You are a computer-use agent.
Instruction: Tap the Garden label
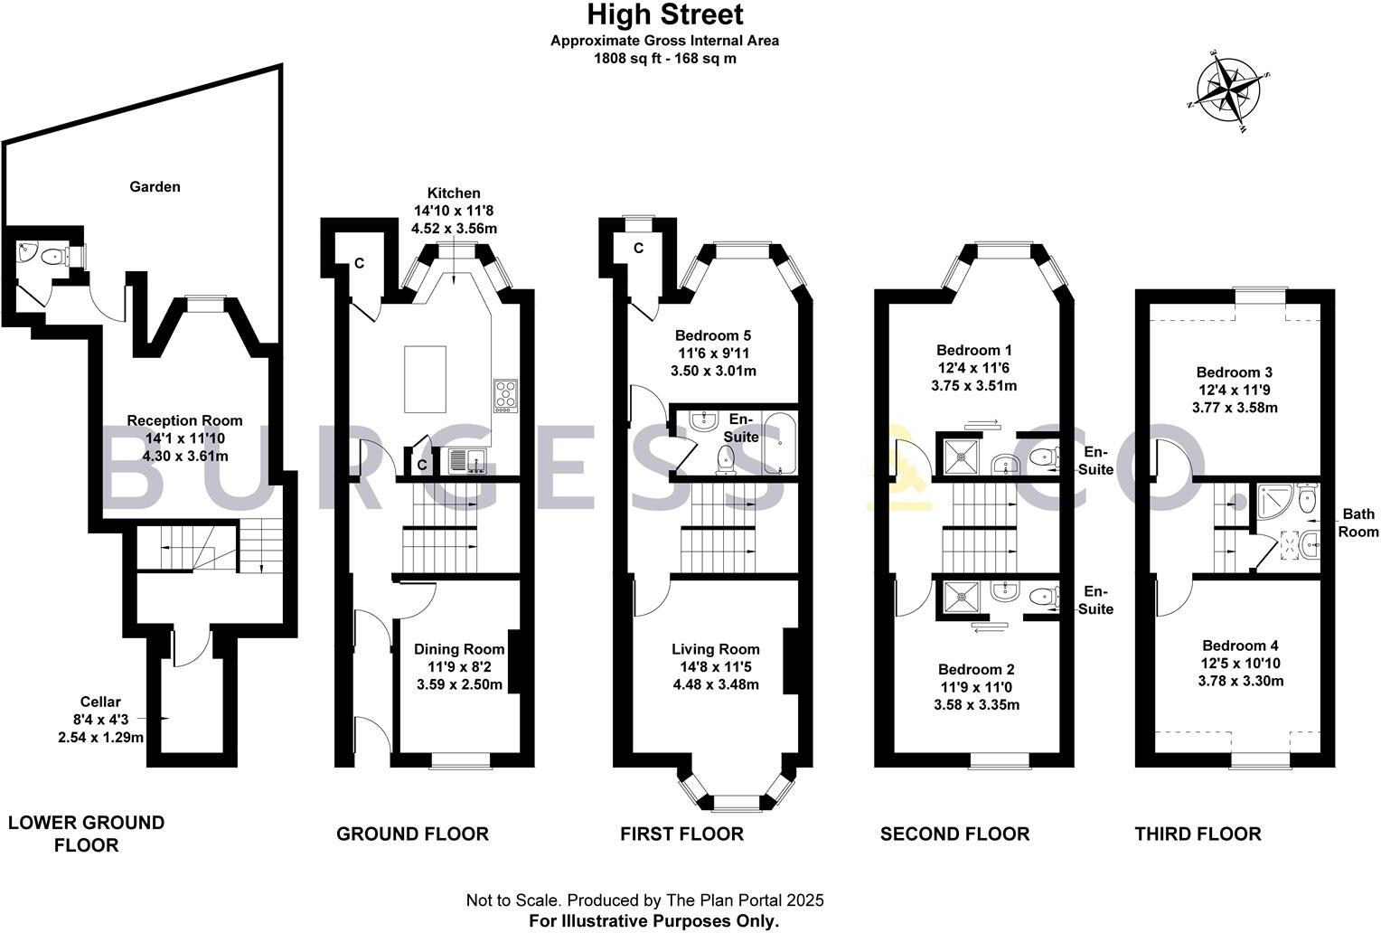pos(155,187)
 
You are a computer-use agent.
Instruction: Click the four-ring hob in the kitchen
pos(506,395)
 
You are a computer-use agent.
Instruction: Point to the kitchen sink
pos(465,461)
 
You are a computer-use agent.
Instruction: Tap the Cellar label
pos(99,702)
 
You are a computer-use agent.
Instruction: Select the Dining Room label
pos(459,649)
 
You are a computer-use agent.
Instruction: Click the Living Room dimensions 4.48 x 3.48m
pos(715,684)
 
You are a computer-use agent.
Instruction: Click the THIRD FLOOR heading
pos(1198,834)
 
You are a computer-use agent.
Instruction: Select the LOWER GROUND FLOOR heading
pos(86,834)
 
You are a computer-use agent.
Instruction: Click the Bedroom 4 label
pos(1240,646)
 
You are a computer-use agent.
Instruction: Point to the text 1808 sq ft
pos(625,59)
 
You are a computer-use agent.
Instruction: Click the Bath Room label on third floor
pos(1358,523)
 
